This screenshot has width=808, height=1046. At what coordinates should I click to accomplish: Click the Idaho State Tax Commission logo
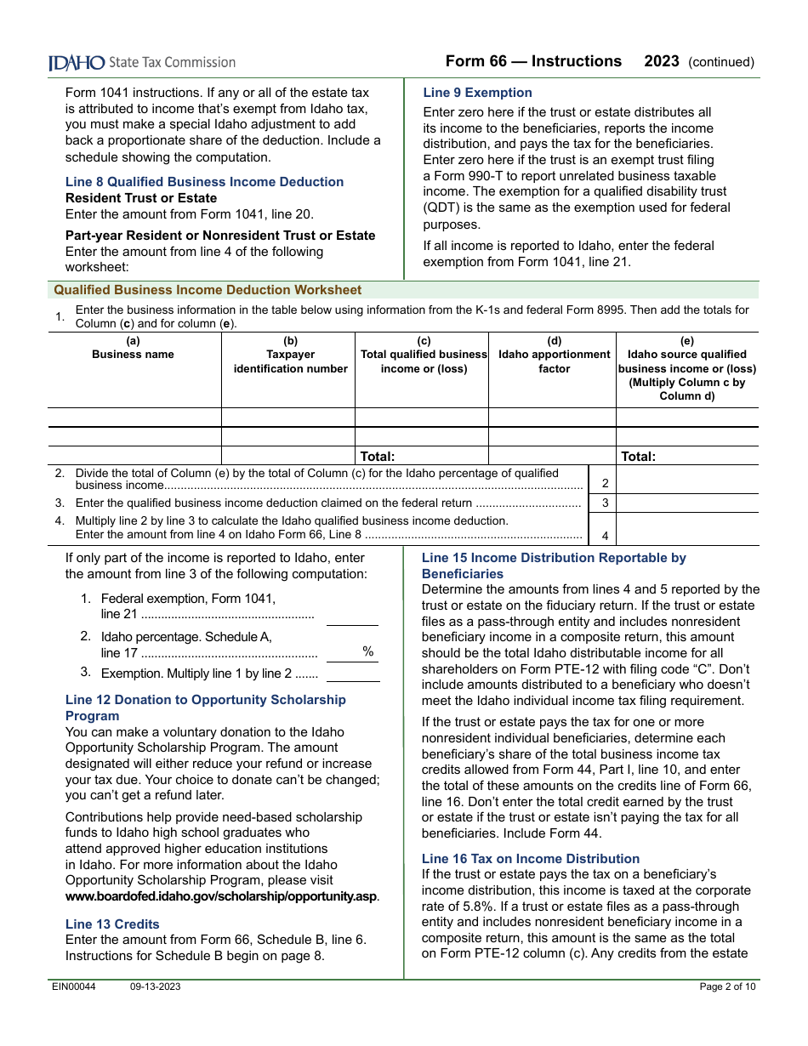pyautogui.click(x=141, y=62)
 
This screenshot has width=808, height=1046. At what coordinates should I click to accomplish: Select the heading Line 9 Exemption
pyautogui.click(x=477, y=93)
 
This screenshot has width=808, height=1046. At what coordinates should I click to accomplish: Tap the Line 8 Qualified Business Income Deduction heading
pyautogui.click(x=204, y=182)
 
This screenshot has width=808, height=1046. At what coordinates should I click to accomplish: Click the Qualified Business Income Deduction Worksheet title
pyautogui.click(x=208, y=290)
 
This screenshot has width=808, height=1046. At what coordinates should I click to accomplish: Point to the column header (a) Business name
pyautogui.click(x=134, y=349)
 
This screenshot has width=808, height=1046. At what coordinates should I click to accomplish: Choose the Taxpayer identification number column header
pyautogui.click(x=291, y=355)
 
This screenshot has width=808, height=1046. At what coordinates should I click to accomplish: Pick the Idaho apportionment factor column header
pyautogui.click(x=554, y=355)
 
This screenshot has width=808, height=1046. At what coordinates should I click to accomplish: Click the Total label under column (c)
pyautogui.click(x=378, y=457)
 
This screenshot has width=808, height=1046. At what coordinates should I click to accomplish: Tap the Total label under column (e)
pyautogui.click(x=638, y=457)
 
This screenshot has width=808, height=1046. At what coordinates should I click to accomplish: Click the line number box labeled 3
pyautogui.click(x=605, y=503)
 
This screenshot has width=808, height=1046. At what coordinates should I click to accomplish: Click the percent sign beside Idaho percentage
pyautogui.click(x=367, y=651)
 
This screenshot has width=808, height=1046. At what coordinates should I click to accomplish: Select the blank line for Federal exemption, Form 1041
pyautogui.click(x=352, y=616)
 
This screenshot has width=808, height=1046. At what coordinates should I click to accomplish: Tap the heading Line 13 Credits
pyautogui.click(x=112, y=924)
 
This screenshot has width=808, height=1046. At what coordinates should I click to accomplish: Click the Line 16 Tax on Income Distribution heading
pyautogui.click(x=531, y=859)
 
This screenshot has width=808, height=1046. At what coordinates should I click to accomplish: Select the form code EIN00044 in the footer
pyautogui.click(x=72, y=986)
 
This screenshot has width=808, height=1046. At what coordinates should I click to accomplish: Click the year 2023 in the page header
pyautogui.click(x=662, y=61)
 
